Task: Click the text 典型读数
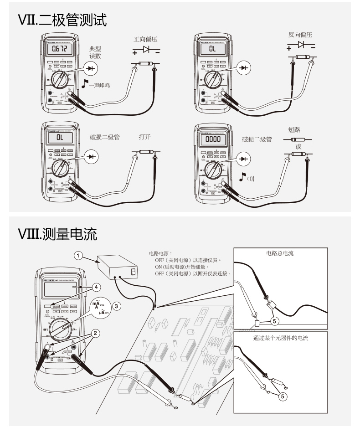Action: point(97,51)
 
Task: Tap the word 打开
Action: point(145,137)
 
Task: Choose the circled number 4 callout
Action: point(97,288)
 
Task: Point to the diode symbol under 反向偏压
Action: point(300,45)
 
